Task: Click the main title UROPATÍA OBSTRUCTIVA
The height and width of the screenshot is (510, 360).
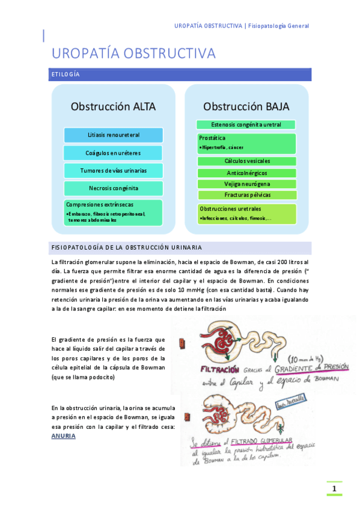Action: click(133, 54)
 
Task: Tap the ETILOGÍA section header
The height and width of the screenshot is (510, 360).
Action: click(66, 75)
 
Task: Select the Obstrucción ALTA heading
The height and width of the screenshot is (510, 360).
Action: click(113, 106)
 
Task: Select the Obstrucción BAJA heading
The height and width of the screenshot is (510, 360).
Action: click(246, 106)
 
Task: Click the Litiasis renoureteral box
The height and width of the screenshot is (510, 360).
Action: click(113, 135)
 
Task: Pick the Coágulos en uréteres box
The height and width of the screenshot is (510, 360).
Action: click(113, 153)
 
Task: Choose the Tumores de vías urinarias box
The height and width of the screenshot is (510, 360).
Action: click(113, 171)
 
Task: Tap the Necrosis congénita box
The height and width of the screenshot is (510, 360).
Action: click(113, 188)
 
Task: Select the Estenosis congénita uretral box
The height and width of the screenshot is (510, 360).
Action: click(246, 124)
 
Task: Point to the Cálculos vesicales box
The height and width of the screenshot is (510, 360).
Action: click(247, 161)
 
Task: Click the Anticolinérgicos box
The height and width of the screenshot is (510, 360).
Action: click(247, 173)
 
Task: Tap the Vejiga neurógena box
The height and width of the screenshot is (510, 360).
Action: click(247, 184)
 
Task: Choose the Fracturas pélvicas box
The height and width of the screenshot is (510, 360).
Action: click(247, 195)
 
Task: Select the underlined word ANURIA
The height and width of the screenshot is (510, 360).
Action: click(64, 436)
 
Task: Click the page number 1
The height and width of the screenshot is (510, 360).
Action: click(334, 489)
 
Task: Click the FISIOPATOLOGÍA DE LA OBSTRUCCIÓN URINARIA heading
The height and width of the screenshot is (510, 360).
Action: click(127, 247)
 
